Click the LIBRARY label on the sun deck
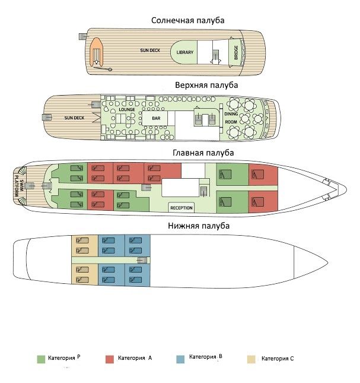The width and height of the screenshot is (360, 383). click(x=185, y=52)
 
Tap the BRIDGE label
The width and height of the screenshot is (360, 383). click(x=236, y=52)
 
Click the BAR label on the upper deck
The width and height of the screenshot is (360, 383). click(x=156, y=118)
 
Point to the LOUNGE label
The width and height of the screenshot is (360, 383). click(x=127, y=109)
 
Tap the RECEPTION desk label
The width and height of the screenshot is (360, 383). click(x=181, y=208)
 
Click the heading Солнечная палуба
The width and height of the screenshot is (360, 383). click(x=187, y=20)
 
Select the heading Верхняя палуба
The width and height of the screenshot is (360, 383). click(x=206, y=85)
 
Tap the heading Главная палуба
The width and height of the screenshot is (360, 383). click(x=203, y=153)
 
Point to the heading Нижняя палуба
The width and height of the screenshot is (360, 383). click(x=199, y=226)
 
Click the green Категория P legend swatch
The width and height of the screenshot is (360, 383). click(x=41, y=359)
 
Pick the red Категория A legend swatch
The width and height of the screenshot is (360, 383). click(x=110, y=359)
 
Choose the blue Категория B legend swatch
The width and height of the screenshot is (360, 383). click(x=180, y=359)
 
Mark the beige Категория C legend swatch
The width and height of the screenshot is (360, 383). click(x=251, y=359)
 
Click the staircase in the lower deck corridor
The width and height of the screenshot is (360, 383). click(x=142, y=260)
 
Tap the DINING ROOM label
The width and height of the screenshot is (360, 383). click(x=231, y=118)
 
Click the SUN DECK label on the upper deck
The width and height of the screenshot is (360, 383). click(x=74, y=118)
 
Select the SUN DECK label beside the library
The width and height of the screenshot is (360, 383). click(x=150, y=50)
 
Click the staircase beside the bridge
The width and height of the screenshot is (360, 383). click(x=216, y=56)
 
